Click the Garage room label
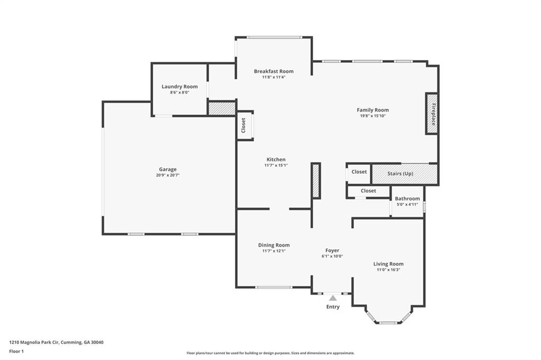click(168, 169)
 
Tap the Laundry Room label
click(180, 87)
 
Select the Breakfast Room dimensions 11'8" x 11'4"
click(274, 77)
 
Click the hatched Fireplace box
click(432, 113)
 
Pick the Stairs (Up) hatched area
click(405, 174)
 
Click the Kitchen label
click(276, 159)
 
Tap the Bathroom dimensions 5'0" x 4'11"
click(407, 204)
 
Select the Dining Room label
click(274, 245)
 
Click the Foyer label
click(332, 250)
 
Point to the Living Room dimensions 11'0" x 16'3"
click(388, 270)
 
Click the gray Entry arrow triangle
click(333, 298)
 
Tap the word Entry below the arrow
click(333, 307)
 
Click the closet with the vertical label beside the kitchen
click(244, 125)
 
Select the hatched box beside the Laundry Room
click(221, 108)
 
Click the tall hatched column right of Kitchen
click(316, 181)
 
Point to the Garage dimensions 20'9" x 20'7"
click(168, 175)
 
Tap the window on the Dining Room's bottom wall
click(273, 287)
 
